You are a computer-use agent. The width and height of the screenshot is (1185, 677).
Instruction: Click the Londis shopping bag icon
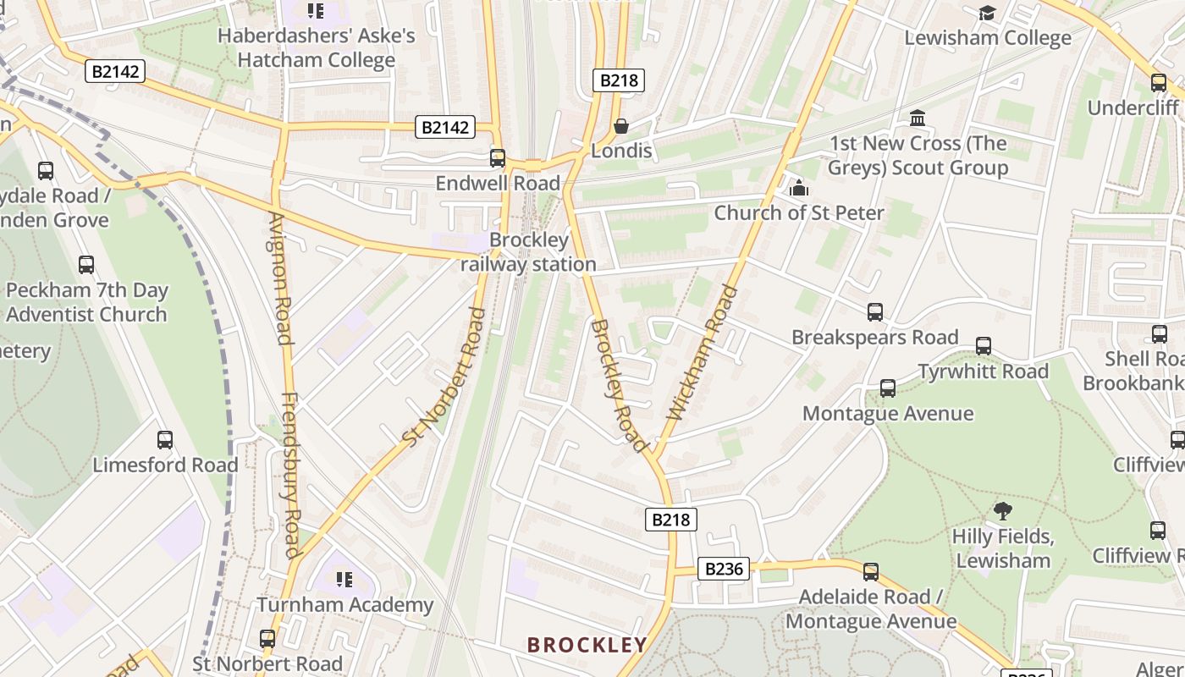coord(620,126)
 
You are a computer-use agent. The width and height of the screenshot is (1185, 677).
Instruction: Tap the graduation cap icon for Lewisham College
coord(987,13)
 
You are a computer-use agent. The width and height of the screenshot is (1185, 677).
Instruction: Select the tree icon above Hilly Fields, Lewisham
coord(1003,510)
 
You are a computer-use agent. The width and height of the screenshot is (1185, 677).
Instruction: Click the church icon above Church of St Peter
coord(798,188)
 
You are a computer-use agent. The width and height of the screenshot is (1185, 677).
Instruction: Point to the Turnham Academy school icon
coord(344,580)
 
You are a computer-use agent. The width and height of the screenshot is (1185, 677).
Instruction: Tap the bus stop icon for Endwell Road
coord(498,158)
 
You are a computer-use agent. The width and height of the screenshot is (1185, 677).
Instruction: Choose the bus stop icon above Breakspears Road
coord(875,312)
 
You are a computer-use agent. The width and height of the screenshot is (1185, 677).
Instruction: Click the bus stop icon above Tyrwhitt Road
coord(983,346)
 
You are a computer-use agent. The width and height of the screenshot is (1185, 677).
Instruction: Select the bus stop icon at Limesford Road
coord(165,440)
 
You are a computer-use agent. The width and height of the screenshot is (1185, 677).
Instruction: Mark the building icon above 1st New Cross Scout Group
coord(918,118)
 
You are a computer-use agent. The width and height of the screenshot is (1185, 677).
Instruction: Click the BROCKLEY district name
coord(587,645)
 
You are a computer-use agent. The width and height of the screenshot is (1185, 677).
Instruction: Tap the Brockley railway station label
coord(529,252)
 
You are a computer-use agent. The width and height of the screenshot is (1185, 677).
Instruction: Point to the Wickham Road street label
coord(703,354)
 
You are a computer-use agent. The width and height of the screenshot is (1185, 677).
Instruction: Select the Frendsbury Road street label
coord(290,475)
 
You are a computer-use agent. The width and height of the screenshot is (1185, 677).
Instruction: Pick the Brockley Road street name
coord(619,384)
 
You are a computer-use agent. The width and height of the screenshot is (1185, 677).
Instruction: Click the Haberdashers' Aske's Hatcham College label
coord(317,47)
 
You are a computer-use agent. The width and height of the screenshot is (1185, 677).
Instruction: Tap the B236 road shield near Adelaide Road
coord(724,569)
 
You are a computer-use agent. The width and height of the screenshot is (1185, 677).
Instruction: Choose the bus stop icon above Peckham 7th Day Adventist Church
coord(86,265)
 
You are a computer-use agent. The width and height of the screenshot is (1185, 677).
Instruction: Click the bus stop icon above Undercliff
coord(1159,83)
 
